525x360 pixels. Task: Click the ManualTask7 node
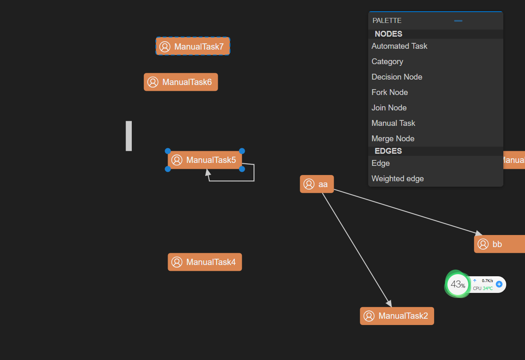coord(193,46)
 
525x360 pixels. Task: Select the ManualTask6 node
coord(181,82)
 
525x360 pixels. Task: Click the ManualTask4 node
coord(205,262)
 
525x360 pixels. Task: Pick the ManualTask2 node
coord(397,316)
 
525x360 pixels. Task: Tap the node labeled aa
coord(317,184)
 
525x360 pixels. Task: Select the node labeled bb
coord(499,244)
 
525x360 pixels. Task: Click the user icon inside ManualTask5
coord(177,160)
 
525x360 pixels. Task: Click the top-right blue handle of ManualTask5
coord(242,151)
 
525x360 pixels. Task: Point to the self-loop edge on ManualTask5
coord(254,173)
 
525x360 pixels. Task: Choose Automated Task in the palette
coord(399,46)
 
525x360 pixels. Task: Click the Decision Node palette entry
coord(397,77)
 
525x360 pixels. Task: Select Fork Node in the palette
coord(389,92)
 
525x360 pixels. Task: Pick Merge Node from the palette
coord(393,139)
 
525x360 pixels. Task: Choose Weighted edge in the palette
coord(397,179)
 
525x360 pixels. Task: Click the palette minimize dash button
coord(458,20)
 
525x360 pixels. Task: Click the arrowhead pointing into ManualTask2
coord(389,303)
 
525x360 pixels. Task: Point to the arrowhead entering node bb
coord(478,233)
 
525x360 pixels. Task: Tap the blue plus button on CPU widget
coord(499,285)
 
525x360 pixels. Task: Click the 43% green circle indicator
coord(457,285)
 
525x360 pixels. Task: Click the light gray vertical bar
coord(129,136)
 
